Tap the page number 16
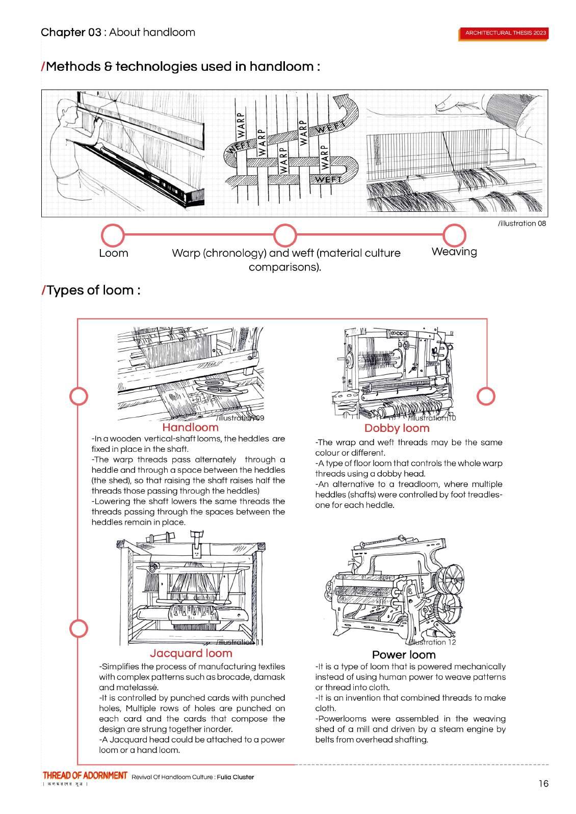click(x=543, y=783)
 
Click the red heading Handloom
click(x=190, y=427)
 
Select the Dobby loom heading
click(x=397, y=428)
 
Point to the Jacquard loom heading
click(x=191, y=653)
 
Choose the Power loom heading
click(x=404, y=655)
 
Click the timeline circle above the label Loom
click(x=113, y=235)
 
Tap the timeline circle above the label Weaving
click(x=454, y=235)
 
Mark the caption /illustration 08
click(x=522, y=224)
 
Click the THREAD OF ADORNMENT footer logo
click(x=85, y=776)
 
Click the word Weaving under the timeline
click(x=454, y=252)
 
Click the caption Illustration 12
click(x=434, y=642)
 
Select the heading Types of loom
click(x=92, y=290)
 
